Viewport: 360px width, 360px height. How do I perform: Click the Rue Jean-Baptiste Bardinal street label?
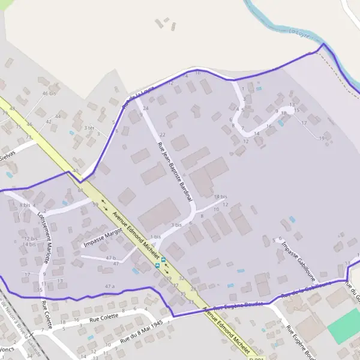tap(175, 171)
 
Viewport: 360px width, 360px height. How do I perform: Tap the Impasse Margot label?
tap(103, 236)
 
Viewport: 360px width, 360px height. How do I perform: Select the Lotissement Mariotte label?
tap(44, 236)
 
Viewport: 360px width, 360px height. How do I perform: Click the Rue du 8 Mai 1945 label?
tap(141, 331)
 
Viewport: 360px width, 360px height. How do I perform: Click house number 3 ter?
tap(89, 128)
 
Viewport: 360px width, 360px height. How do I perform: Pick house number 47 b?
tap(110, 257)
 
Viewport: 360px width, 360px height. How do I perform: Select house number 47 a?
tap(109, 286)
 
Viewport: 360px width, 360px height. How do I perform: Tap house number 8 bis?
tap(25, 205)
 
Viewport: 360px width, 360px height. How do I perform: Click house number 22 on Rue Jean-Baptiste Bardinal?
tap(162, 134)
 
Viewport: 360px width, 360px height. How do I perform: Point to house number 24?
tap(145, 108)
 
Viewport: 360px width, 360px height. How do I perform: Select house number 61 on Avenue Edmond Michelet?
tap(80, 190)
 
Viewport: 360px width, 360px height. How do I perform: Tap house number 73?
tap(28, 137)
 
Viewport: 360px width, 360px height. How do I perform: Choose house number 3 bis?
tap(176, 224)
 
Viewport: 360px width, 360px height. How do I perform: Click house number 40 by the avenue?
tap(75, 172)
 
